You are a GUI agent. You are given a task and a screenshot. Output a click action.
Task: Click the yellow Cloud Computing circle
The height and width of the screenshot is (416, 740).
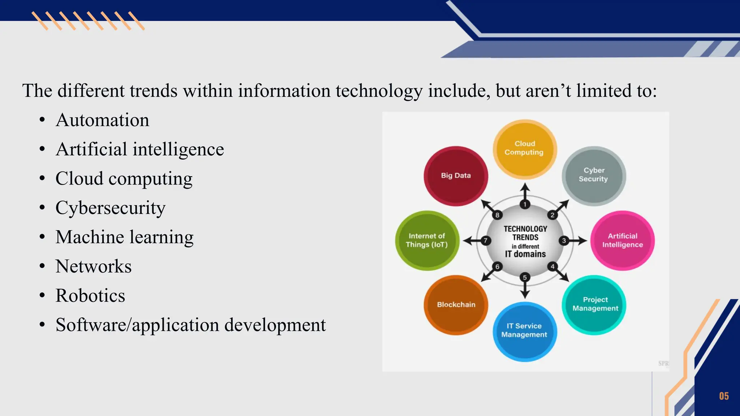[x=525, y=149]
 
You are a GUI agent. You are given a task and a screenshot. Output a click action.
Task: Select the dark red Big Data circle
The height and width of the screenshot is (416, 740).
[x=456, y=176]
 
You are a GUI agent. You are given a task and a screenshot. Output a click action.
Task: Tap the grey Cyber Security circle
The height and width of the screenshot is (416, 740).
[x=594, y=175]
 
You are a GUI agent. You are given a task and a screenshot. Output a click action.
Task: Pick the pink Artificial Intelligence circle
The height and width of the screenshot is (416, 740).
[x=623, y=240]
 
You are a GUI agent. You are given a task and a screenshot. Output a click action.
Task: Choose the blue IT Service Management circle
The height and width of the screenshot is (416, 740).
[x=525, y=331]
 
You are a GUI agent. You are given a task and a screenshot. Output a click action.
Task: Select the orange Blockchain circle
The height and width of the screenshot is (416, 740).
[x=456, y=305]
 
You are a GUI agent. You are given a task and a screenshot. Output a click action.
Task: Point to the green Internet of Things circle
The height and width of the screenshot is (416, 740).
[x=427, y=240]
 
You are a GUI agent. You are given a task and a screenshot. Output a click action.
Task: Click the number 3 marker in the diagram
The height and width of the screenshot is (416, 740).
[x=564, y=240]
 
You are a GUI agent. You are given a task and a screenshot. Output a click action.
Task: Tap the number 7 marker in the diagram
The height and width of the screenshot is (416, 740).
[x=486, y=240]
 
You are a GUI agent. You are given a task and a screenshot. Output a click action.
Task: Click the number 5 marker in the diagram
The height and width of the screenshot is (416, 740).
[x=525, y=277]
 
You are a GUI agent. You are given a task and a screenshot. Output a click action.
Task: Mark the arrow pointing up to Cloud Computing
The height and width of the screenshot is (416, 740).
[x=525, y=191]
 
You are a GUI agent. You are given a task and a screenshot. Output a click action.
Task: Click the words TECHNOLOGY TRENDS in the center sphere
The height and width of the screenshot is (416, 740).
[x=525, y=233]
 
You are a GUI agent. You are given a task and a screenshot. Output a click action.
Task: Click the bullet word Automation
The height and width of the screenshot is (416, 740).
[x=102, y=120]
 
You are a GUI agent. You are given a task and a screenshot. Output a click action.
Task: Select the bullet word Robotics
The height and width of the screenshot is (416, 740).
[x=90, y=295]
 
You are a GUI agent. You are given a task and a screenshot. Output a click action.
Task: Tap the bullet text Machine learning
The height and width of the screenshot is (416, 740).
[x=124, y=237]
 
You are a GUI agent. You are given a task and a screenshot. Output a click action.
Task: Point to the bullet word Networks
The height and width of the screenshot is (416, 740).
[x=93, y=266]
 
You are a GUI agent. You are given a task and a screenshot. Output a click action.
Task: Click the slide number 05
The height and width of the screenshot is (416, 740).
[x=724, y=396]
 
